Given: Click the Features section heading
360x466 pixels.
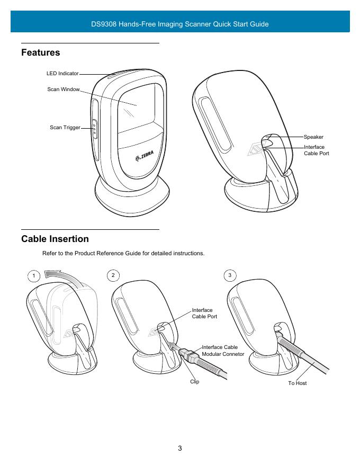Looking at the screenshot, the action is (x=40, y=53).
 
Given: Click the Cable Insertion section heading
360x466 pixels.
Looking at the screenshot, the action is (x=55, y=239).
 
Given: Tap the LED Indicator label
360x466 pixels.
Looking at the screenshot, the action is (x=62, y=74).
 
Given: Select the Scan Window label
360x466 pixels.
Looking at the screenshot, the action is (x=63, y=89).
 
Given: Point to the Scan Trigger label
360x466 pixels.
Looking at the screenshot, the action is (x=65, y=128).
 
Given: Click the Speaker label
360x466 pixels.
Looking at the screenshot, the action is (x=313, y=137).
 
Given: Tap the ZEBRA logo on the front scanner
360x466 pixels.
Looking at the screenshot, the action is (x=143, y=158).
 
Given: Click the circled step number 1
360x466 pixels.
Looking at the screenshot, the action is (x=34, y=276).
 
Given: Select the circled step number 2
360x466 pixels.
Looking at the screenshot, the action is (x=113, y=275).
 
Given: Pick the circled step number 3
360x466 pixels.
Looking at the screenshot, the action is (x=229, y=275).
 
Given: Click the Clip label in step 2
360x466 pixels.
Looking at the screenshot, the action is (x=194, y=382).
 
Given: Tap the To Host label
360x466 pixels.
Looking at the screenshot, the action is (x=297, y=383).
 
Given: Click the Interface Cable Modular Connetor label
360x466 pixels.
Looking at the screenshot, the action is (x=223, y=351).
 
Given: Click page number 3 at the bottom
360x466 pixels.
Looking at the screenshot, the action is (x=180, y=449).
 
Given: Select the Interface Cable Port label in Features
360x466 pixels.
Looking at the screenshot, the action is (x=316, y=150).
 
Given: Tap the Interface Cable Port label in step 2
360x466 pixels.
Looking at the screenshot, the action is (x=204, y=313).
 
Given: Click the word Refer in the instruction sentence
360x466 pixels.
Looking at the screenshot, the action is (x=50, y=254).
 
